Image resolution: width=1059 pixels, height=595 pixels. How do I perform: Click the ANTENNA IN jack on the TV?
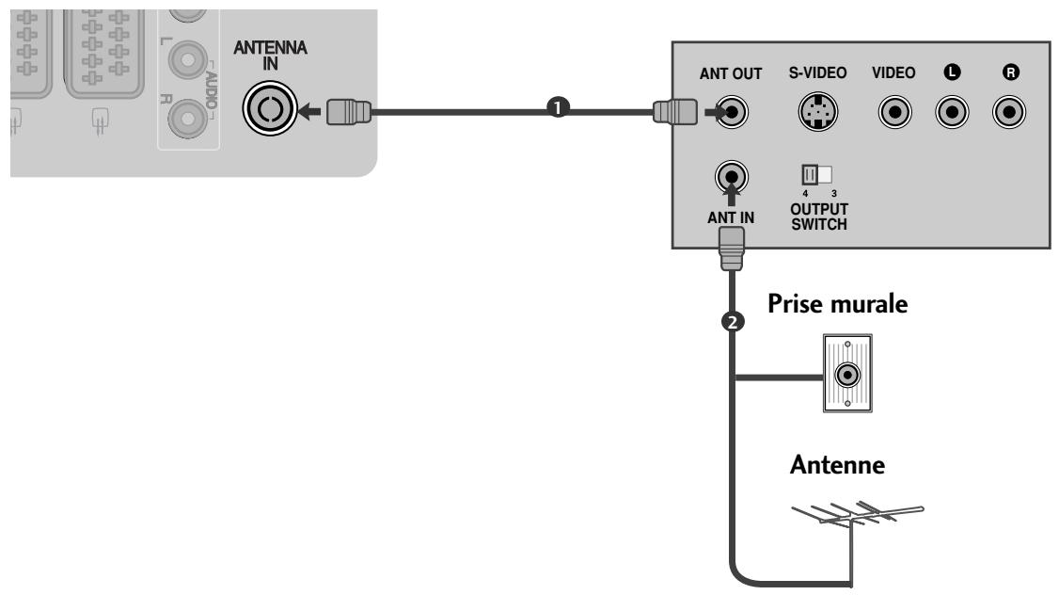tap(270, 108)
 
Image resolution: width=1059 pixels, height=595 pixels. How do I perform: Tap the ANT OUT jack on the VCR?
tap(732, 112)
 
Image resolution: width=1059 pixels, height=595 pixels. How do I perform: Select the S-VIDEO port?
tap(818, 112)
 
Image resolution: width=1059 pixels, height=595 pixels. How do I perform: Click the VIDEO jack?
tap(894, 112)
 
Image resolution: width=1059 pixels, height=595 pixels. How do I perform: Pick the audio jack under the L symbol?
tap(953, 112)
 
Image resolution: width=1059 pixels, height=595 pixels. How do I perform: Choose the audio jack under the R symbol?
tap(1009, 112)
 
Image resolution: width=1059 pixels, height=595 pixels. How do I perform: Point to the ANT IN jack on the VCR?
tap(732, 177)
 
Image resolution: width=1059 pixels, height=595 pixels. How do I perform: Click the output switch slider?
tap(816, 175)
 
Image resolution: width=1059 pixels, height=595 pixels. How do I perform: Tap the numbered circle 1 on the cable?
tap(557, 107)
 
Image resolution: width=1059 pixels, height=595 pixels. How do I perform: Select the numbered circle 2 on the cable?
tap(733, 322)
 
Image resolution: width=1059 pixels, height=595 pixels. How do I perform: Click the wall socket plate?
tap(847, 373)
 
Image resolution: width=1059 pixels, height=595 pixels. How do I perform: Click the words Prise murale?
tap(837, 304)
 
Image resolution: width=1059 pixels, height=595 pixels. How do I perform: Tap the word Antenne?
tap(837, 465)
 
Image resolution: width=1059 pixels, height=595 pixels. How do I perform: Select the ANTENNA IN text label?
tap(270, 56)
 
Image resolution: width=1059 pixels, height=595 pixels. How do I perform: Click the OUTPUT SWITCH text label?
tap(819, 217)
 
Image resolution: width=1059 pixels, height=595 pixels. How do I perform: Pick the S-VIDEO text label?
tap(818, 72)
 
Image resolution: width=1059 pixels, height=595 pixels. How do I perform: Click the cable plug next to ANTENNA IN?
tap(349, 112)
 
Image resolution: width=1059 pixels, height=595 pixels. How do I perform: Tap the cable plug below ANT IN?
tap(732, 249)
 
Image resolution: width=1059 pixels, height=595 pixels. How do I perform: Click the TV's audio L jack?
tap(187, 60)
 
